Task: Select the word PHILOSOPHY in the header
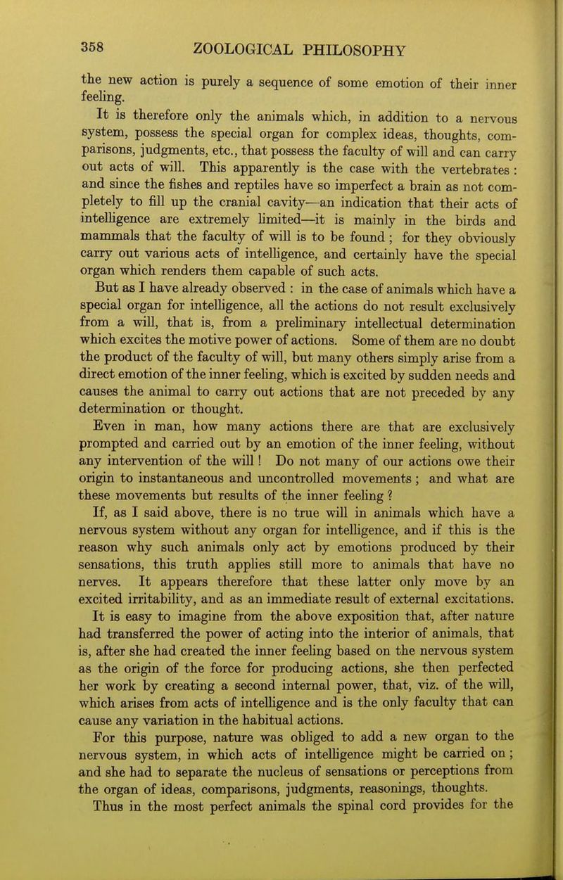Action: pos(360,49)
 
